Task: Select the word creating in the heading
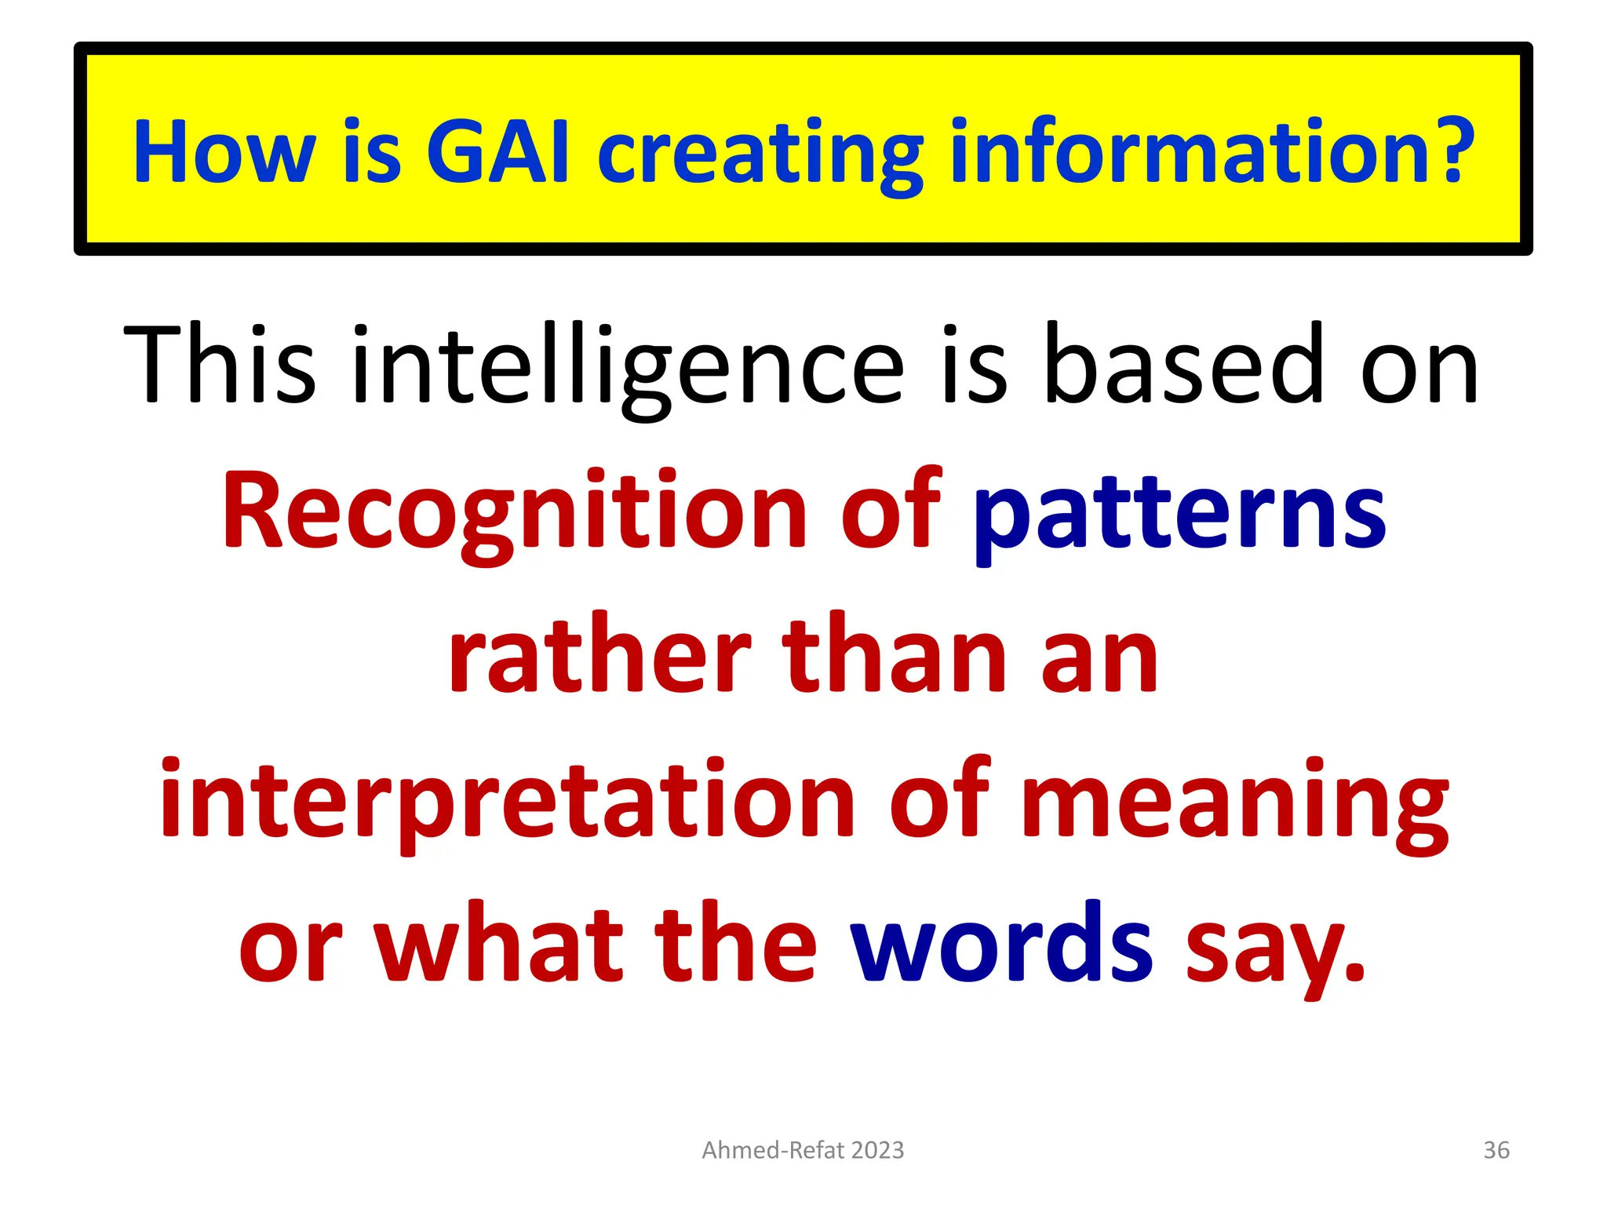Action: point(760,155)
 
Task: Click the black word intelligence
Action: point(628,369)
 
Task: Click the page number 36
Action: point(1496,1150)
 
